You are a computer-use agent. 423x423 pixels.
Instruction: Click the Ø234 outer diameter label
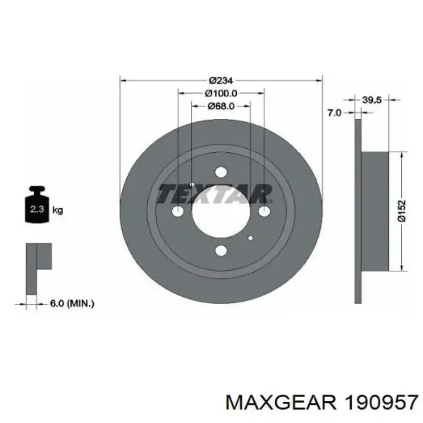[x=221, y=80]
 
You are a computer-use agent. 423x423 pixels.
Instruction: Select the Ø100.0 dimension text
[x=221, y=93]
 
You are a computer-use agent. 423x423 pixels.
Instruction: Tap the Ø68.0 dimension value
[x=221, y=106]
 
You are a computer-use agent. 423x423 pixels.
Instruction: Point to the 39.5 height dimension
[x=372, y=100]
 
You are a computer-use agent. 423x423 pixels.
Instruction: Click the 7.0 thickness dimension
[x=334, y=113]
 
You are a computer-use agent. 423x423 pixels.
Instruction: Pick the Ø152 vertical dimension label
[x=401, y=211]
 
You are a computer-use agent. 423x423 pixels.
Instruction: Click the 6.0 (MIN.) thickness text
[x=72, y=304]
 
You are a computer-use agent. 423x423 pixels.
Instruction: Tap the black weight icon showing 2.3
[x=37, y=204]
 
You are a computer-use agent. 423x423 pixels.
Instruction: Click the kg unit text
[x=58, y=209]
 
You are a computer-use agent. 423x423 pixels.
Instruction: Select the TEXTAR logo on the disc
[x=214, y=194]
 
